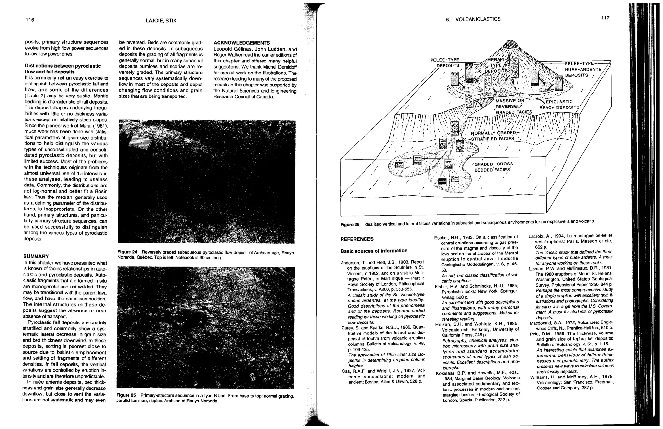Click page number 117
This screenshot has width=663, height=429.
(x=605, y=18)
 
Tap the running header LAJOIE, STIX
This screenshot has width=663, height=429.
(x=161, y=21)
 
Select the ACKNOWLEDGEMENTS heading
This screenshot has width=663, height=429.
(x=242, y=43)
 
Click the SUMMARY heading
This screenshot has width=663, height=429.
(x=36, y=256)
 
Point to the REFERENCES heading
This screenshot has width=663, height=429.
(x=357, y=239)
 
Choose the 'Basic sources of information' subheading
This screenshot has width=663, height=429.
(x=374, y=251)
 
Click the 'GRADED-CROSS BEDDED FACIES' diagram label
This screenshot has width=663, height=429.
(x=493, y=167)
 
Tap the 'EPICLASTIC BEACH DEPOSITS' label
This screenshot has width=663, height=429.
(x=559, y=105)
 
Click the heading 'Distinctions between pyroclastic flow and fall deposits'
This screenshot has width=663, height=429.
(x=63, y=69)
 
